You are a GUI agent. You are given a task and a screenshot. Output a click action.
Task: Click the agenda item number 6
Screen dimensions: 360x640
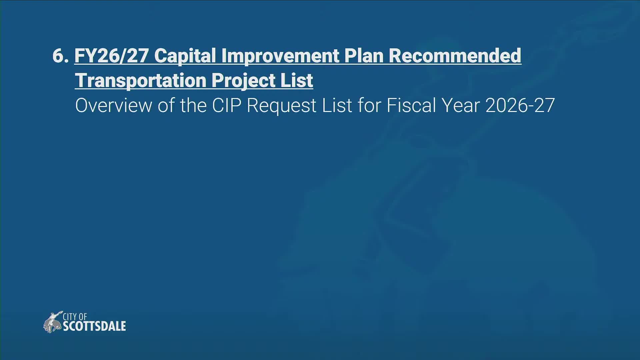(60, 56)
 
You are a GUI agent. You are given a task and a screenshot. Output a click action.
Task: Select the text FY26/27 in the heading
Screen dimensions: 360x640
(111, 56)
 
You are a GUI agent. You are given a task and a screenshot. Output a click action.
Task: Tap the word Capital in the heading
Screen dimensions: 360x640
(185, 56)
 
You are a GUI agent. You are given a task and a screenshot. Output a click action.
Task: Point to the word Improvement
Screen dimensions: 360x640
(280, 56)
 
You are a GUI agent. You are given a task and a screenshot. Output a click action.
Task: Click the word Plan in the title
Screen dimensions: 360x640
(364, 56)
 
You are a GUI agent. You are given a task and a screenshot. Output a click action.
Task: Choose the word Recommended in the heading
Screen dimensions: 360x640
(455, 56)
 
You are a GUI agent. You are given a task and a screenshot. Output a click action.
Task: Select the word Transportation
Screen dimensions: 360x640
(141, 81)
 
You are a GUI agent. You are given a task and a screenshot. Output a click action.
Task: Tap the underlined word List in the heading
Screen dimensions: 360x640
(296, 81)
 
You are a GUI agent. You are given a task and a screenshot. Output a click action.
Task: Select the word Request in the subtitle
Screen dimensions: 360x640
(282, 106)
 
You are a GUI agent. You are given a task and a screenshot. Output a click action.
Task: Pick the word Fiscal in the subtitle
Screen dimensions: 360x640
(411, 106)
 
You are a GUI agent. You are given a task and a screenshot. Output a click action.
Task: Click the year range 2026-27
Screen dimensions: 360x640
(520, 106)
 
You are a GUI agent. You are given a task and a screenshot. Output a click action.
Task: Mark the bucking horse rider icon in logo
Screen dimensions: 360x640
(53, 322)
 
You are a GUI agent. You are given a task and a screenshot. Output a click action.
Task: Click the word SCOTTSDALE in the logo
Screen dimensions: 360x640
(94, 326)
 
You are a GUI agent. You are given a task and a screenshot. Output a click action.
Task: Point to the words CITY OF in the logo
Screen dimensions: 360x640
(75, 316)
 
